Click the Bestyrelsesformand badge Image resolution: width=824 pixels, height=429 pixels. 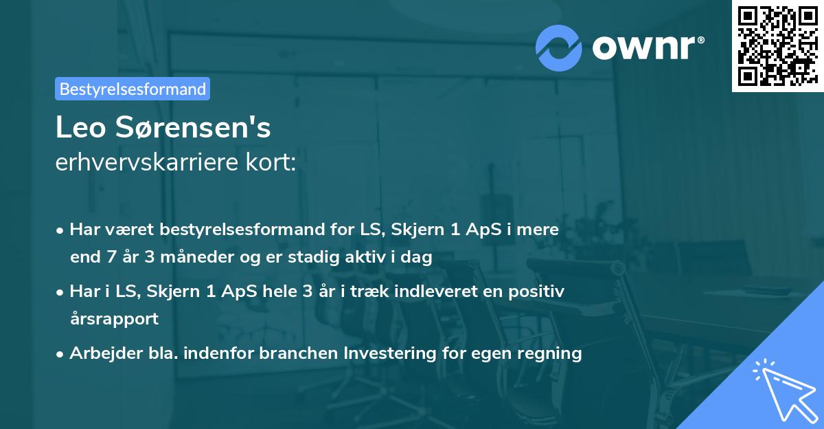pyautogui.click(x=133, y=89)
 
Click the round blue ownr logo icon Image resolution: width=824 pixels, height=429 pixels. pyautogui.click(x=559, y=47)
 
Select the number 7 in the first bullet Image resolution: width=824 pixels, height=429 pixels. pyautogui.click(x=107, y=258)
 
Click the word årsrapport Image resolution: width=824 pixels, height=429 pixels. pyautogui.click(x=114, y=319)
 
